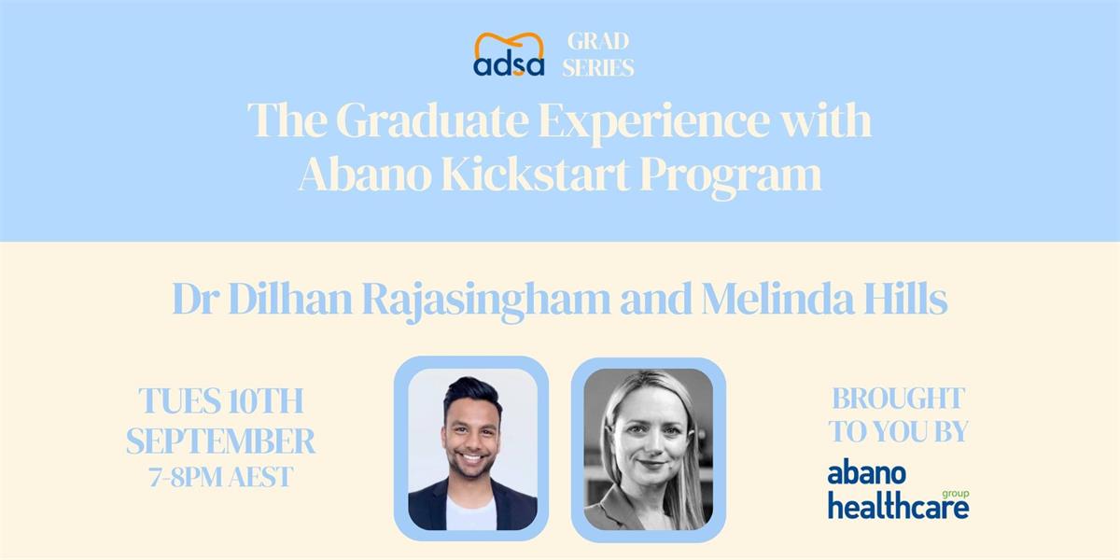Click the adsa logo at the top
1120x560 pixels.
click(509, 54)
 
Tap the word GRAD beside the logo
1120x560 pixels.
click(598, 41)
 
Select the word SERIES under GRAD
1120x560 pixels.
click(598, 67)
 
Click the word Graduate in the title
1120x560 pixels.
click(432, 121)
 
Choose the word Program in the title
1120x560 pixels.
click(731, 177)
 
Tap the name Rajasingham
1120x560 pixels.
click(487, 301)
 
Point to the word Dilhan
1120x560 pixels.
click(290, 299)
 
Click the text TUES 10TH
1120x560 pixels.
click(221, 400)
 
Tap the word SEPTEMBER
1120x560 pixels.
click(220, 441)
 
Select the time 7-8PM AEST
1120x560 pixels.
click(220, 477)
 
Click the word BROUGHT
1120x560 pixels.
click(898, 399)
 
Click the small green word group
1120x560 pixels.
click(956, 494)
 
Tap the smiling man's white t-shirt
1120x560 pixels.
click(470, 513)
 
